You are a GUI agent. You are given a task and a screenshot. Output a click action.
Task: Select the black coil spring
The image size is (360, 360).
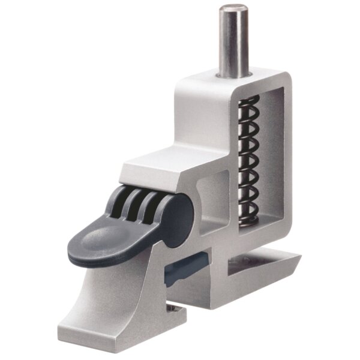click(248, 159)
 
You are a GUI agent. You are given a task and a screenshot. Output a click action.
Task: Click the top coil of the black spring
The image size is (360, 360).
click(249, 103)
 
